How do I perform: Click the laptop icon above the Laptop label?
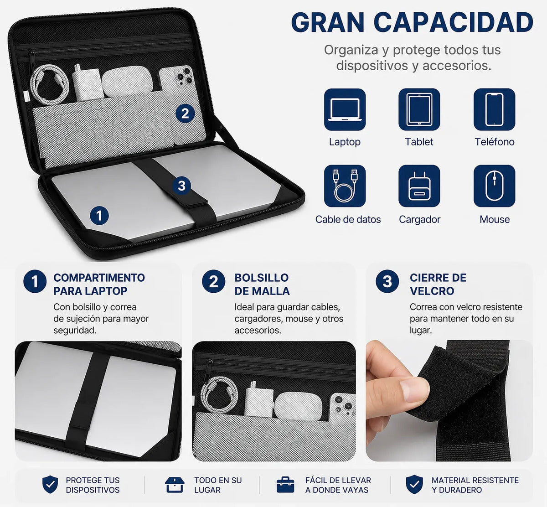pos(345,109)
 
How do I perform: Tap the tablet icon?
pos(419,109)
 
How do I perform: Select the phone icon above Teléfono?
pos(495,109)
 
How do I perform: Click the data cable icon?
pos(345,186)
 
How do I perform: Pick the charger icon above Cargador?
pos(419,186)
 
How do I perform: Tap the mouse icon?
pos(495,186)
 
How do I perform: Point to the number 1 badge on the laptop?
pos(99,216)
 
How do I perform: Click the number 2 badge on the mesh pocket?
pos(185,114)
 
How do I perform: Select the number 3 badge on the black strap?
pos(182,186)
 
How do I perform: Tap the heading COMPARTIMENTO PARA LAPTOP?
pos(99,285)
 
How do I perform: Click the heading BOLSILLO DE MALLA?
pos(262,285)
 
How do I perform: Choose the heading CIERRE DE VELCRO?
pos(438,285)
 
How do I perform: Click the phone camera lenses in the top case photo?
pos(184,75)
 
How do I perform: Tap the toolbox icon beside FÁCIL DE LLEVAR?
pos(285,485)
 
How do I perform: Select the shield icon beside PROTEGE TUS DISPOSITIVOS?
pos(50,484)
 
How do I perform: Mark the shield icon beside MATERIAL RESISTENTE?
pos(414,484)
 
